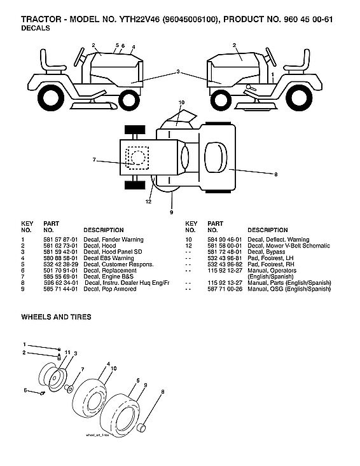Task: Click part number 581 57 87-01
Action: [x=60, y=240]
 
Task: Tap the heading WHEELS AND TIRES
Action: [x=56, y=317]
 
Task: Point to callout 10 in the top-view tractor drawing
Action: [x=181, y=102]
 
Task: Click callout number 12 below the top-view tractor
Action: [x=148, y=202]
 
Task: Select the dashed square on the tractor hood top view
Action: [x=137, y=156]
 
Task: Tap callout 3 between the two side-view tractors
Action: [x=178, y=71]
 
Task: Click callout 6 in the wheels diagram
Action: [x=25, y=390]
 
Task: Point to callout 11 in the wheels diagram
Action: [x=67, y=352]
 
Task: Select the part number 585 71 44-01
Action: [x=60, y=289]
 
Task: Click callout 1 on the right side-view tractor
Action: [x=272, y=74]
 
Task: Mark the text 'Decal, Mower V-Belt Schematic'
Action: [x=289, y=245]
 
